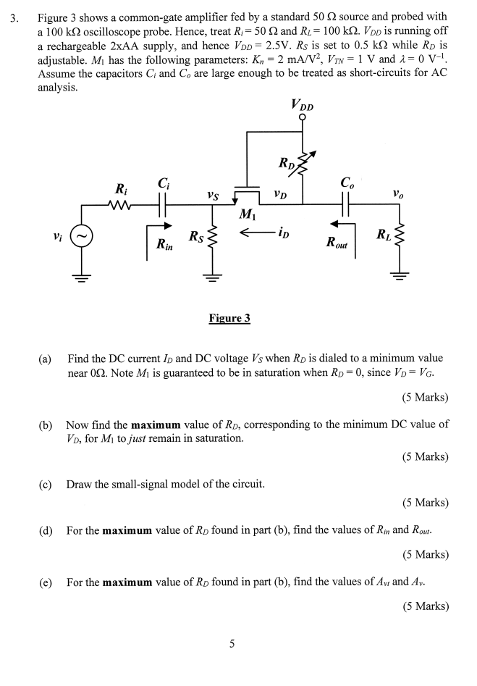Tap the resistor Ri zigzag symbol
119,205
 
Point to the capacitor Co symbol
345,205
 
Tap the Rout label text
337,245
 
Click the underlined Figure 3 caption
229,318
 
